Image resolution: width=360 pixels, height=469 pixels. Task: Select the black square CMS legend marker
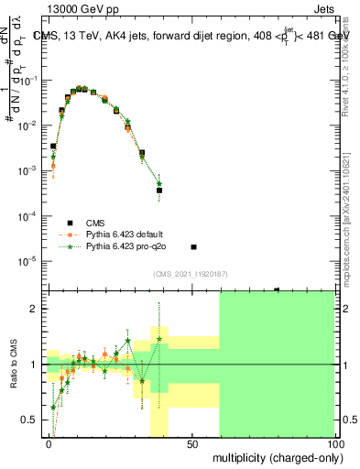point(70,222)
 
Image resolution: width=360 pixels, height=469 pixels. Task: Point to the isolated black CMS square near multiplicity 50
point(193,247)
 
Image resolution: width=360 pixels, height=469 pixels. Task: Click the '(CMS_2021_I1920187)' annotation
point(191,274)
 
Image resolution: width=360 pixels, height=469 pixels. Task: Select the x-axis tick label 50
point(191,444)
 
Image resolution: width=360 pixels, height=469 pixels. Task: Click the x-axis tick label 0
point(48,444)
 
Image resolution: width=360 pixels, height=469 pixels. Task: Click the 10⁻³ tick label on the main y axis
point(30,171)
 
